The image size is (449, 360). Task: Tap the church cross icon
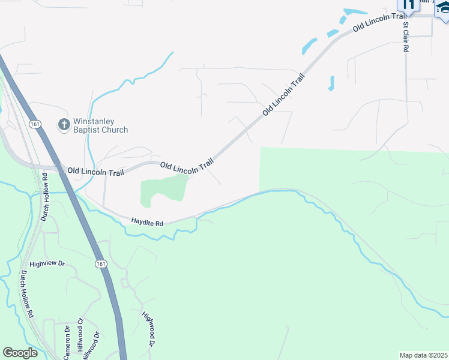click(64, 125)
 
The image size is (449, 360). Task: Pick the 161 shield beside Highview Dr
click(100, 263)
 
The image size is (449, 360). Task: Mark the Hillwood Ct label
click(80, 340)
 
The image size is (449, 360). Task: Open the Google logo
click(19, 352)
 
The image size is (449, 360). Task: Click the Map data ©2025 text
click(424, 355)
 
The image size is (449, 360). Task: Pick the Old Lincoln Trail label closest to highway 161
click(95, 172)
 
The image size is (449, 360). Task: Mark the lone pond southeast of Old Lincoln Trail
click(331, 83)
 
